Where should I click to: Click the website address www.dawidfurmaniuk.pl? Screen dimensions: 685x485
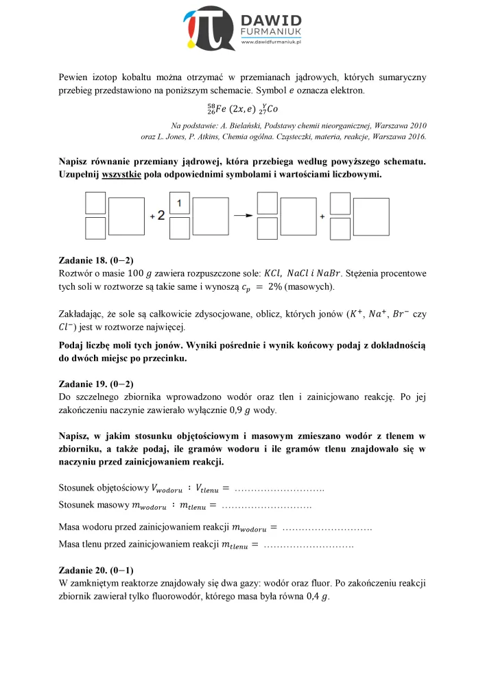(x=272, y=42)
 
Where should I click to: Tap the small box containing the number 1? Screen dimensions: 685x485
(x=178, y=203)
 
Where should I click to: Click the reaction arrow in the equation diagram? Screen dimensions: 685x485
(x=239, y=216)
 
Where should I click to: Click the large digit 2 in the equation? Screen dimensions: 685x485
(x=161, y=216)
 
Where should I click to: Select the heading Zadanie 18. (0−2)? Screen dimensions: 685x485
(x=96, y=260)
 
